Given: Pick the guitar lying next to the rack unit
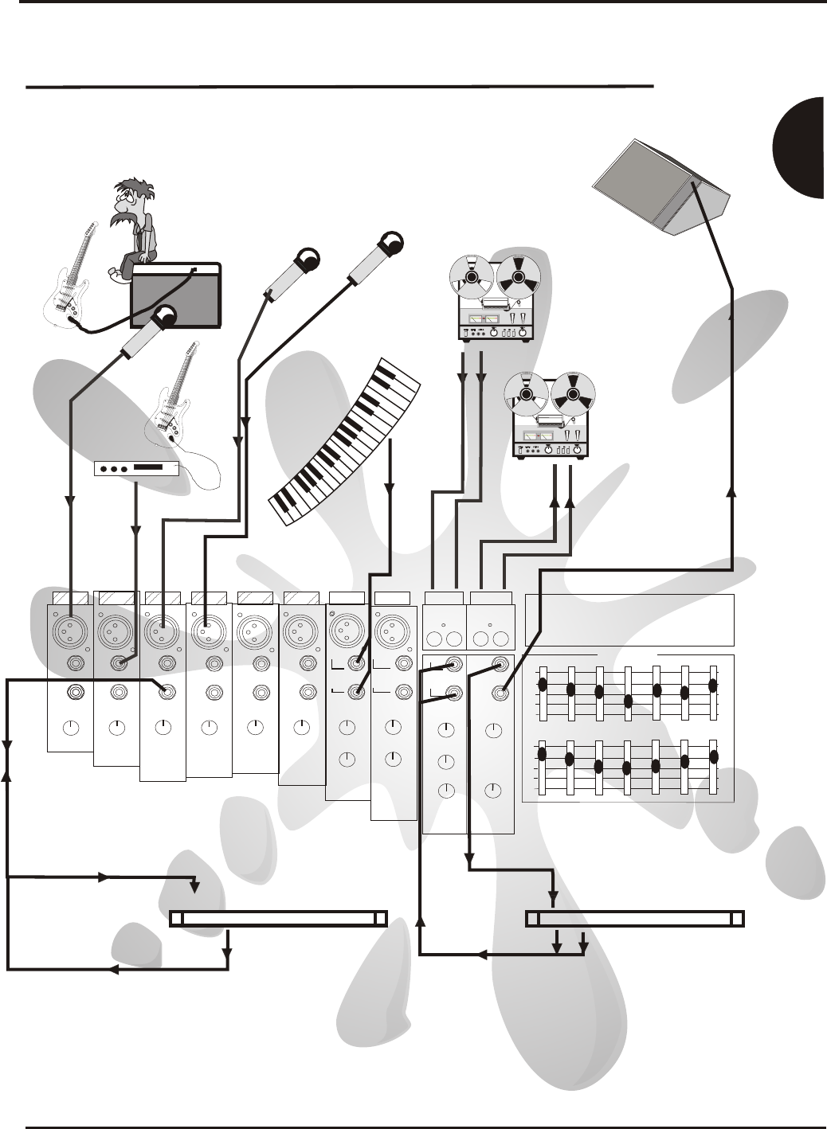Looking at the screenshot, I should [x=179, y=401].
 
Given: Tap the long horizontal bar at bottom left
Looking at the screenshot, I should [x=278, y=918].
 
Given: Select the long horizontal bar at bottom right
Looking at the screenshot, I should [x=635, y=918].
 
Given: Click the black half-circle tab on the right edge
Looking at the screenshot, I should [x=800, y=147].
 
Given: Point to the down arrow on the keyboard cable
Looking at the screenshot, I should [x=390, y=486].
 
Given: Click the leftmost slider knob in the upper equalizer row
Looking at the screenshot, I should [x=542, y=684].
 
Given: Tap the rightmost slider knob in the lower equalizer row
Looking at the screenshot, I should [x=714, y=756].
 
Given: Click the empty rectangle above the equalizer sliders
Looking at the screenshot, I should [x=629, y=619].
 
